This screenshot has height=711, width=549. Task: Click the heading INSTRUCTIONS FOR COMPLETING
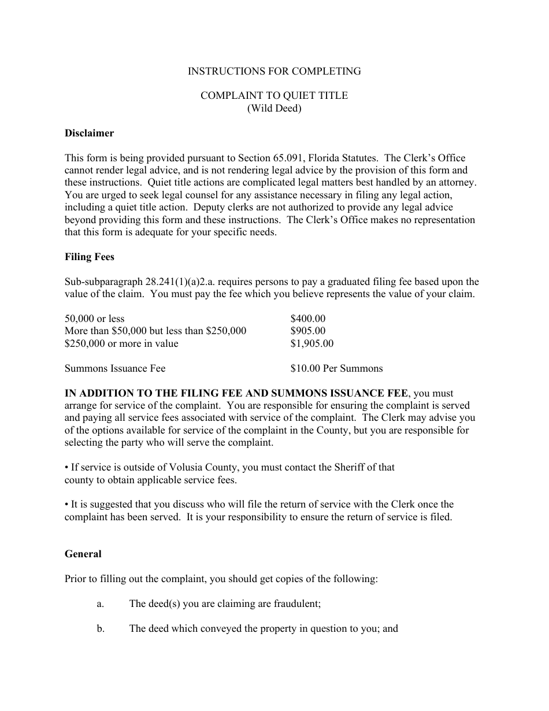click(x=274, y=71)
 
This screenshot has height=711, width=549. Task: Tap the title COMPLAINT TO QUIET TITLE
click(x=274, y=95)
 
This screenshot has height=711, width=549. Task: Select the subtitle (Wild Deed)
click(x=274, y=108)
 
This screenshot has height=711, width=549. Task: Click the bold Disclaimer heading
click(x=89, y=133)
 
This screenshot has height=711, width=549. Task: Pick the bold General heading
click(x=83, y=554)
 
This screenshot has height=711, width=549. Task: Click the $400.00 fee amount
click(x=308, y=319)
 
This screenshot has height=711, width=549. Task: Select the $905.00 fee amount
click(x=308, y=331)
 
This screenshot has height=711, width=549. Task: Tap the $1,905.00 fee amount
click(x=312, y=343)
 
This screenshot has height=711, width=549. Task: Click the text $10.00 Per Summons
click(x=336, y=368)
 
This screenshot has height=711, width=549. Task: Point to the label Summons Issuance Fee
click(x=115, y=368)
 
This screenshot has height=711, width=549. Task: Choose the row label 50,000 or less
click(x=94, y=319)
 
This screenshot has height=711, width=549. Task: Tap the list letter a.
click(x=100, y=603)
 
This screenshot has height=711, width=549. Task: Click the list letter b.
click(x=101, y=628)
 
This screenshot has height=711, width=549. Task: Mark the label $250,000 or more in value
click(x=121, y=343)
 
